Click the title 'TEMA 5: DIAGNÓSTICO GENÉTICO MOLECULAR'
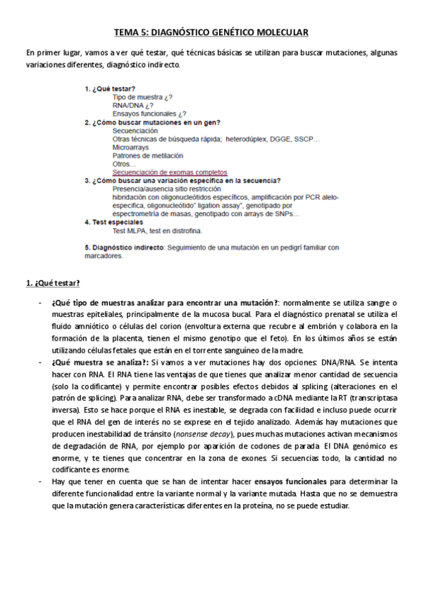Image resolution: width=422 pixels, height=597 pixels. [x=211, y=32]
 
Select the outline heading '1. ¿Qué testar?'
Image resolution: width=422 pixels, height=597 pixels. [x=110, y=89]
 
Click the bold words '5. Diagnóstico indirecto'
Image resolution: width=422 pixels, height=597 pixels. [x=125, y=247]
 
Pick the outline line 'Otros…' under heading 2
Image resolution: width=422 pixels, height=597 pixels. [x=123, y=164]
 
